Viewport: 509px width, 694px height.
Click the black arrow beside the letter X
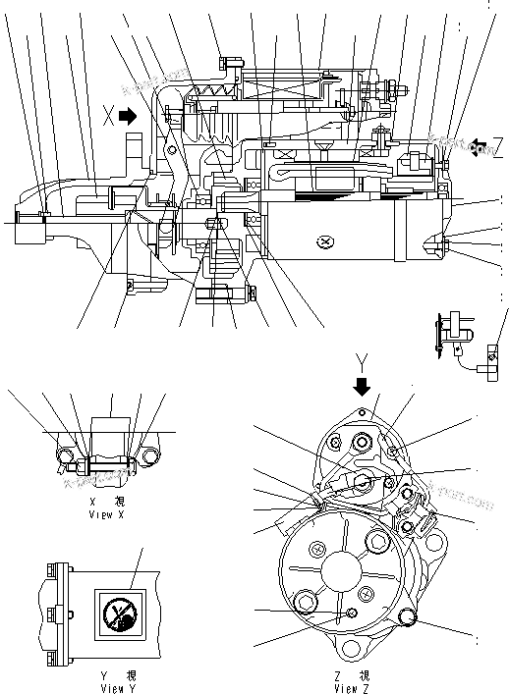[127, 116]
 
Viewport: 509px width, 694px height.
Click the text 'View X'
[107, 513]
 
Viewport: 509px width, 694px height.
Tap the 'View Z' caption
[353, 689]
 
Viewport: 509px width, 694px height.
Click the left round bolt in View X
[67, 454]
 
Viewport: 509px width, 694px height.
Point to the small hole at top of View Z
[362, 412]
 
